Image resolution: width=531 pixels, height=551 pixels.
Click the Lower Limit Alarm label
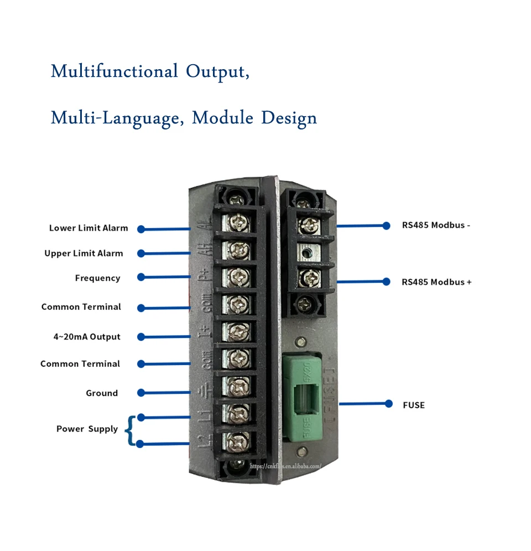88,228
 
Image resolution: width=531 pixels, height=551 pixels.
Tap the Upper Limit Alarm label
84,253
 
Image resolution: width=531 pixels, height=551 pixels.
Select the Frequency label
97,278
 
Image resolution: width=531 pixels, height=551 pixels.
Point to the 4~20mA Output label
87,336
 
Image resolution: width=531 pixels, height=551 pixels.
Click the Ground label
102,393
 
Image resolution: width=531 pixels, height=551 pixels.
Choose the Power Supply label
87,429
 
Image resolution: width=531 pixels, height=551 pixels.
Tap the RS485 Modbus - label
436,225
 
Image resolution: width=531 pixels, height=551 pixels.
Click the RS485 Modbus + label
436,282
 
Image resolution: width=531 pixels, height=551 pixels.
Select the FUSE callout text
414,405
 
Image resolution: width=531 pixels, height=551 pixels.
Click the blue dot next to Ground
141,393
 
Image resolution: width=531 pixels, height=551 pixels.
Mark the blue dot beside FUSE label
389,404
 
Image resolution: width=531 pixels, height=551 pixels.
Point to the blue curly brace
129,431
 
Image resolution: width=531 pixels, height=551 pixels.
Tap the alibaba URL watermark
285,466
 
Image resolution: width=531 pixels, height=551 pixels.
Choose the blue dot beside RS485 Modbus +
387,282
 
